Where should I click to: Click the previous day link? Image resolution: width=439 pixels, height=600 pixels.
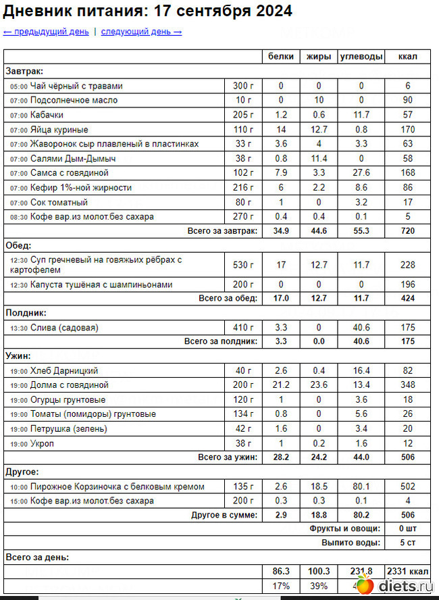46,32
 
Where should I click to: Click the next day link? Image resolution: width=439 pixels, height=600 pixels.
141,32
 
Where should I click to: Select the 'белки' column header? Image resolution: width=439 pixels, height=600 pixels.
281,57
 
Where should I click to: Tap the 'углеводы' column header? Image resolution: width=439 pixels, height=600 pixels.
361,57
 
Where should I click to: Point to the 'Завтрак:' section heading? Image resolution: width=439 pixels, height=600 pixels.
24,71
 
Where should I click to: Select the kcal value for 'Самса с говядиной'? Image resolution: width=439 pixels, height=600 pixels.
408,173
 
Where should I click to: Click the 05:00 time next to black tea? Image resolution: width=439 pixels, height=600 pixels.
19,86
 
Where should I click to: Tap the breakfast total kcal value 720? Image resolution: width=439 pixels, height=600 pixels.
408,231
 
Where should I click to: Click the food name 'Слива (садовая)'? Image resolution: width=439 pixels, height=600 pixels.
64,328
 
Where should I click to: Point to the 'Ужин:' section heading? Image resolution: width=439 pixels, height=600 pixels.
18,356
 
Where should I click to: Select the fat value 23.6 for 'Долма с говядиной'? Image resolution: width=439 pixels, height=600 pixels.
319,385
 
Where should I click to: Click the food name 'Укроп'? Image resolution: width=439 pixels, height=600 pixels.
43,443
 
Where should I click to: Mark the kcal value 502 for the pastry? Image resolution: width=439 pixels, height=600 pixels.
408,486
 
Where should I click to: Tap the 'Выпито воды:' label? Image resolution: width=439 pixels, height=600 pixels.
351,543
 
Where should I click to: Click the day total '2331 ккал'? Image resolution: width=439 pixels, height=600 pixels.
408,571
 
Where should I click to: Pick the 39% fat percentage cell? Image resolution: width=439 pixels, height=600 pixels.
319,585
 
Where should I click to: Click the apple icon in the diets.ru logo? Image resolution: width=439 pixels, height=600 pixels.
364,584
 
